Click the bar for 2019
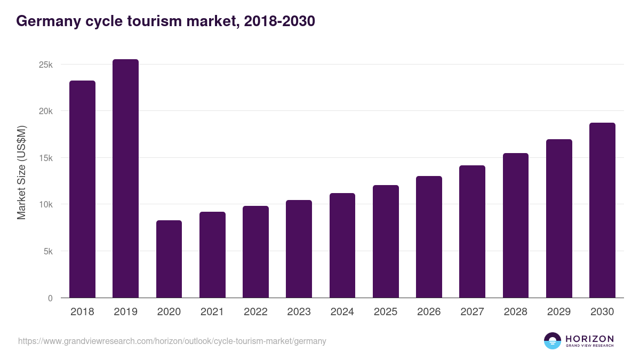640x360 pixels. pos(125,179)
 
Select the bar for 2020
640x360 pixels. pos(169,259)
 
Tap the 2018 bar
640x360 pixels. pos(82,189)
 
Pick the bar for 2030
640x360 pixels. pos(602,210)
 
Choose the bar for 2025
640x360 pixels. pos(386,242)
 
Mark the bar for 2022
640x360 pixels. pos(255,252)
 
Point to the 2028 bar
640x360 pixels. pos(516,226)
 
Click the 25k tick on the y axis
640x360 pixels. pos(46,65)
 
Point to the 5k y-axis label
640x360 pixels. pos(48,251)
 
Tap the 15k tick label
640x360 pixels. pos(46,158)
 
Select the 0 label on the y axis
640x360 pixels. pos(50,298)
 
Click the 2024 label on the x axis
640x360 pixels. pos(342,312)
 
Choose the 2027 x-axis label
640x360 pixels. pos(472,312)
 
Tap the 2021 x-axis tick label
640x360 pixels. pos(212,312)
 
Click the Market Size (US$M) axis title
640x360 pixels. pos(21,172)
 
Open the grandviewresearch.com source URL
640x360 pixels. pos(172,341)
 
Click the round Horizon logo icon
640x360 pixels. pos(552,341)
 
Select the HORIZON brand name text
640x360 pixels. pos(589,338)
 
